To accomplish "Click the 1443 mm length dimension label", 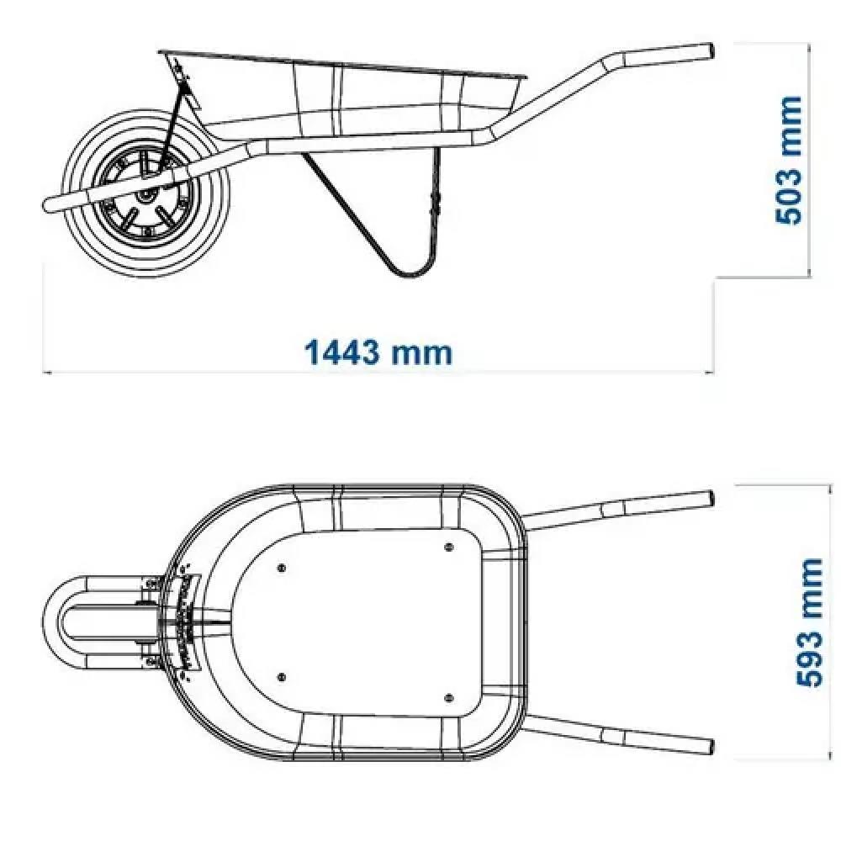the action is [x=378, y=352].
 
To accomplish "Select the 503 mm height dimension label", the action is [x=789, y=161].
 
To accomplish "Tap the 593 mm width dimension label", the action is [x=809, y=622].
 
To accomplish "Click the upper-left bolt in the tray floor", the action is [x=282, y=568].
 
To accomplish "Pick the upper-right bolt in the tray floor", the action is [x=449, y=547].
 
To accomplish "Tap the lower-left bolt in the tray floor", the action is [x=282, y=677].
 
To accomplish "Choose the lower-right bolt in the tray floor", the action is [x=449, y=698].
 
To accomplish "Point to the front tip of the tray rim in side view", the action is [x=159, y=52].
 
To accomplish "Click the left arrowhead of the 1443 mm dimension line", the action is [x=46, y=371].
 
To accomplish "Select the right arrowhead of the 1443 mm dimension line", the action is [x=710, y=371].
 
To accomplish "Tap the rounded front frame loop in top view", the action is [x=52, y=622].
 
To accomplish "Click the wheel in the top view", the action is [x=147, y=622].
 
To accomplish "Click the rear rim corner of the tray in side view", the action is [x=523, y=78].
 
